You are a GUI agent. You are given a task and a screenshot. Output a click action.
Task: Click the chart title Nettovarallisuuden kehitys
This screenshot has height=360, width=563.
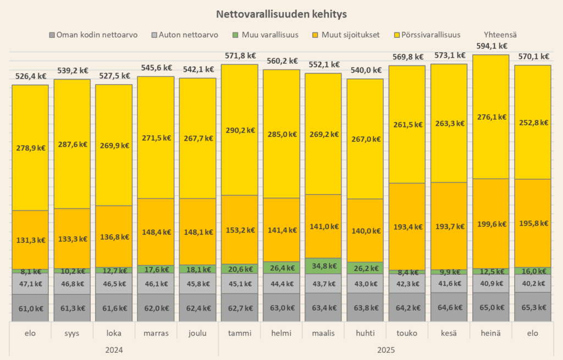[x=281, y=13]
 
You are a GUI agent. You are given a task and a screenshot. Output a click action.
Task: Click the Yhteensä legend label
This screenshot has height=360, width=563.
[x=500, y=35]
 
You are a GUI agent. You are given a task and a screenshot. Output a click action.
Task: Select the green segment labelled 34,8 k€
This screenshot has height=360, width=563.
[x=323, y=266]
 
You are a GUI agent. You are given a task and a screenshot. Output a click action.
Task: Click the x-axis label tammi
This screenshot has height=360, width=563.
[x=239, y=334]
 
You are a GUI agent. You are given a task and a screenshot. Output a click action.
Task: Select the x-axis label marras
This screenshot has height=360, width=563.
[x=156, y=334]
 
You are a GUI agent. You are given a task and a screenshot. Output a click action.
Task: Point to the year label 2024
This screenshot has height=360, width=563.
[x=114, y=350]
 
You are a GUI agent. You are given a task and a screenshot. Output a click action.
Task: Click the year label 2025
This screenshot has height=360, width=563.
[x=385, y=350]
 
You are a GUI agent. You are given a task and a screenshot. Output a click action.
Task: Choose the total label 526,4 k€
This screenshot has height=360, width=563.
[x=30, y=76]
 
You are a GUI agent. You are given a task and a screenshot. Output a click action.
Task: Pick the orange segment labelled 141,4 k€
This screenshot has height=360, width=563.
[x=281, y=230]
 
